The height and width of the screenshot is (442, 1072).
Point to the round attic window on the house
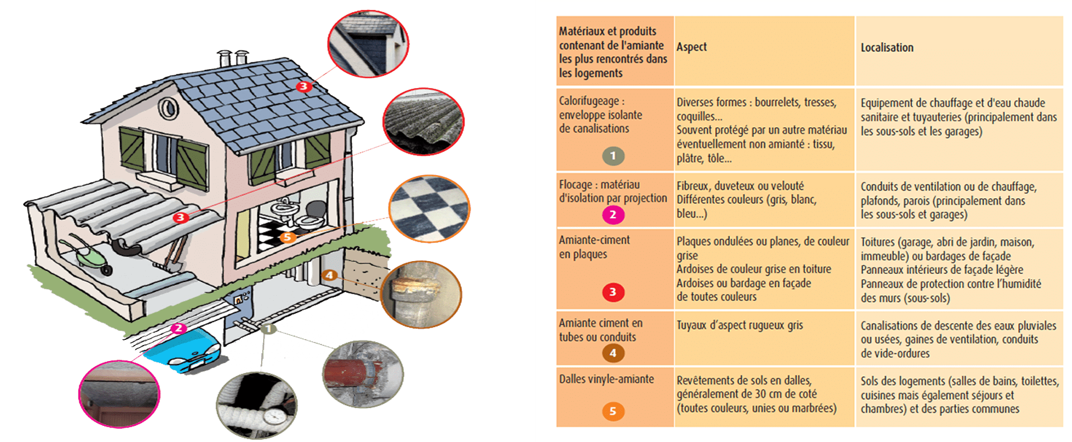point(167,108)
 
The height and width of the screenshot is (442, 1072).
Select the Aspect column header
point(692,47)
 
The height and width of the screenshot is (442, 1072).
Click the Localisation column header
point(887,48)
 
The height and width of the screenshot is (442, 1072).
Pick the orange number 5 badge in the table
point(612,411)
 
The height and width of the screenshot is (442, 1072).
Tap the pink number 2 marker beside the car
point(178,328)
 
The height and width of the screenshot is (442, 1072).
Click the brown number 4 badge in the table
point(612,353)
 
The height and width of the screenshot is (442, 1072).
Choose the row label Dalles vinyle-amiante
point(606,379)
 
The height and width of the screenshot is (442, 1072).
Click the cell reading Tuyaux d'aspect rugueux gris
point(740,325)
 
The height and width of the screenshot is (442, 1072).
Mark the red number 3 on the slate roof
point(303,87)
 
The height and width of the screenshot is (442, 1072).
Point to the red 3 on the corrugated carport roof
point(180,217)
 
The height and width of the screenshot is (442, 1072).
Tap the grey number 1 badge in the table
point(612,156)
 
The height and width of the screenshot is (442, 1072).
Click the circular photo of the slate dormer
point(368,44)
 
